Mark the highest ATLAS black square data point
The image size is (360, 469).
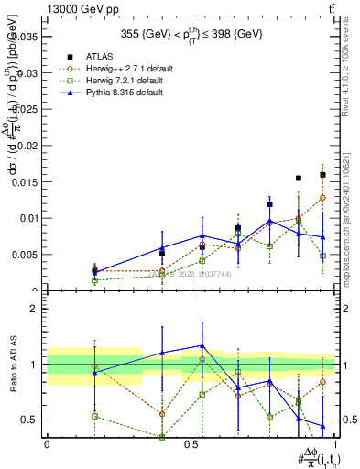[x=322, y=174]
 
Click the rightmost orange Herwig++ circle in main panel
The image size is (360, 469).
[x=322, y=198]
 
